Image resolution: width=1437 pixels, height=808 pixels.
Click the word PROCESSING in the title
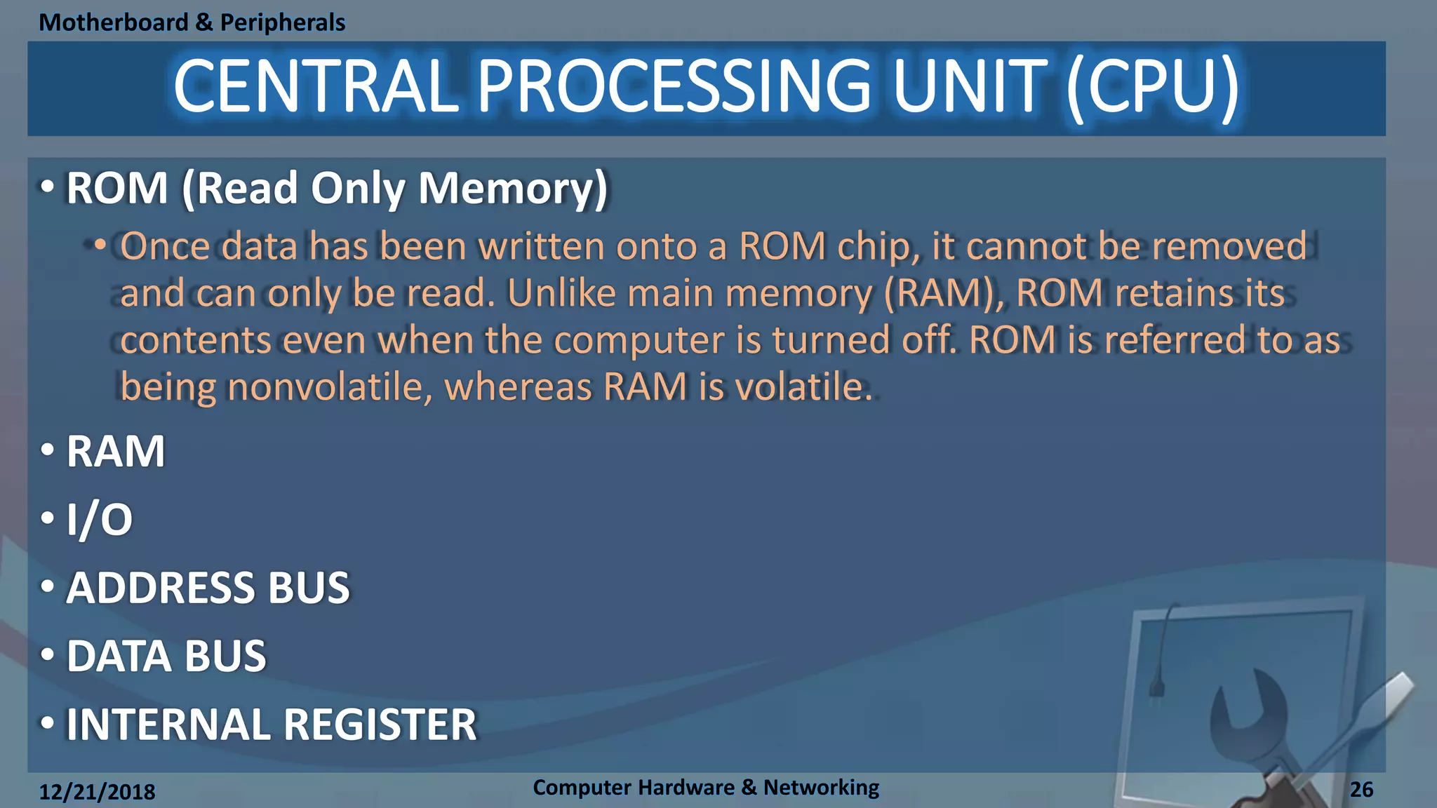[674, 87]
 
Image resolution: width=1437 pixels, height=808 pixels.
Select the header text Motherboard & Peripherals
[192, 22]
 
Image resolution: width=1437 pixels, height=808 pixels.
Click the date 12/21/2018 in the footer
[97, 792]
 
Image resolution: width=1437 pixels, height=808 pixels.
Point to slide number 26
[1361, 790]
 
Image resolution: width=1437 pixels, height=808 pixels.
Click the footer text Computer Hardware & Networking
[705, 788]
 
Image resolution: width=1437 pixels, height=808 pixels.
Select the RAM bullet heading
[116, 451]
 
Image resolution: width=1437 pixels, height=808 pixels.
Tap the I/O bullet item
[99, 520]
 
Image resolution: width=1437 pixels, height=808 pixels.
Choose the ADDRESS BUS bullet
[208, 588]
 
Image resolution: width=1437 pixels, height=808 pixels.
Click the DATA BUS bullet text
[166, 656]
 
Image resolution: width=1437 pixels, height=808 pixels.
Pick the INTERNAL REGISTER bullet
[272, 725]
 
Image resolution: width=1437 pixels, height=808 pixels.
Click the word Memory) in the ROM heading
[513, 189]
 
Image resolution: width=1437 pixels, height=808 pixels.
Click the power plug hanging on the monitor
[1156, 685]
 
